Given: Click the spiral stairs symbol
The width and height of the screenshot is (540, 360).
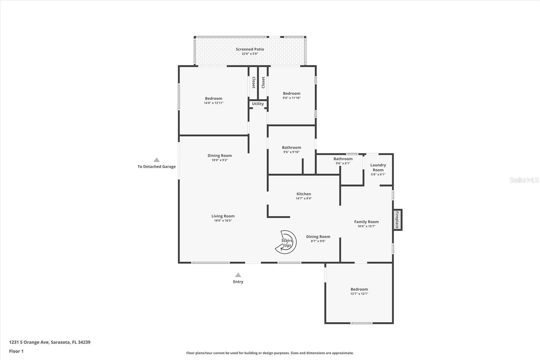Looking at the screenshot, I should tap(286, 242).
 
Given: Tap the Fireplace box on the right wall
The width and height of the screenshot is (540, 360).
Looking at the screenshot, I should tap(397, 220).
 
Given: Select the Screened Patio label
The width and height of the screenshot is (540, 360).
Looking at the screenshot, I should tap(250, 49).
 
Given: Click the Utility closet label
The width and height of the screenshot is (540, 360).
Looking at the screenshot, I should tap(258, 104).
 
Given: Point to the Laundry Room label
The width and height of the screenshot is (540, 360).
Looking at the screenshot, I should tap(378, 168).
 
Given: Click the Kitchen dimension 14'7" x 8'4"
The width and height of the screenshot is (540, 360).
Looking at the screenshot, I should tap(304, 199).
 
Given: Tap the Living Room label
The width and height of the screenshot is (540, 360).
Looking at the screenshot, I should tap(223, 216).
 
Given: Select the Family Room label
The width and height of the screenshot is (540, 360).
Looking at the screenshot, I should tap(366, 222).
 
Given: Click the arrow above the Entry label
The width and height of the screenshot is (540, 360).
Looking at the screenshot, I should tap(238, 275).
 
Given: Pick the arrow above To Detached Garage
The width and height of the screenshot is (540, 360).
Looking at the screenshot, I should tap(157, 160).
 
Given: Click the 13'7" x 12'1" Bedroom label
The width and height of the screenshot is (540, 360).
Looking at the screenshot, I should tap(359, 289).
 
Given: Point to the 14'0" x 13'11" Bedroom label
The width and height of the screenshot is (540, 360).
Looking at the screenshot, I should tap(214, 99).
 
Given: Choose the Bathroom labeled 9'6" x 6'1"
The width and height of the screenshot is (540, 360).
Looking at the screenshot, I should tap(343, 159).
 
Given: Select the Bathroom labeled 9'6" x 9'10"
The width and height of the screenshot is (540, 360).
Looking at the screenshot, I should tap(291, 148).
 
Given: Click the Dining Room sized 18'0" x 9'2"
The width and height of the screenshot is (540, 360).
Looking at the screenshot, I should tap(220, 156).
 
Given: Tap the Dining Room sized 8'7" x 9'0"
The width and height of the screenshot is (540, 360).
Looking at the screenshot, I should tap(318, 237).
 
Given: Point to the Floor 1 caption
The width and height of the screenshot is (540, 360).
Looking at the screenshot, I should tap(16, 351).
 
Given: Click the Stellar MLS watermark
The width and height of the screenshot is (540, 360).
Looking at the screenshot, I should tap(524, 180).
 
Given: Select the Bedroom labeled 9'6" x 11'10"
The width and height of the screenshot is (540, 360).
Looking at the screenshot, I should tap(292, 94).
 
